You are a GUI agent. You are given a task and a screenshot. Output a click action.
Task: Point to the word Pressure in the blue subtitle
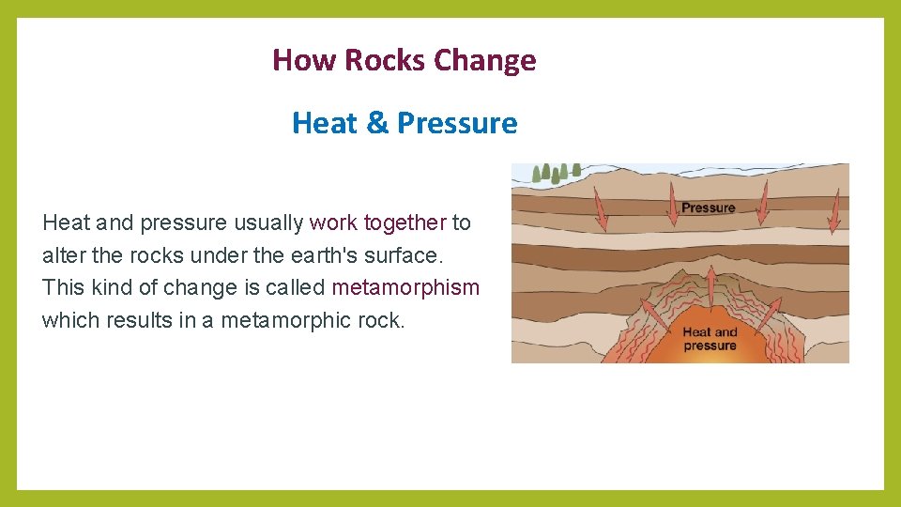(457, 123)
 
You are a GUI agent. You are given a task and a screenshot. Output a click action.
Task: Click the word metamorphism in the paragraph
(405, 287)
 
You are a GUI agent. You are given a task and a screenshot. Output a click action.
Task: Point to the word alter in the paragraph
(63, 255)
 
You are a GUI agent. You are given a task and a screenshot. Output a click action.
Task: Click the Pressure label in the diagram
(708, 207)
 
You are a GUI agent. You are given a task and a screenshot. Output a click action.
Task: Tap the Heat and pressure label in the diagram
(710, 339)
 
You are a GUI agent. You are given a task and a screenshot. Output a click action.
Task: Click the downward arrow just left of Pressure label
(673, 203)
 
